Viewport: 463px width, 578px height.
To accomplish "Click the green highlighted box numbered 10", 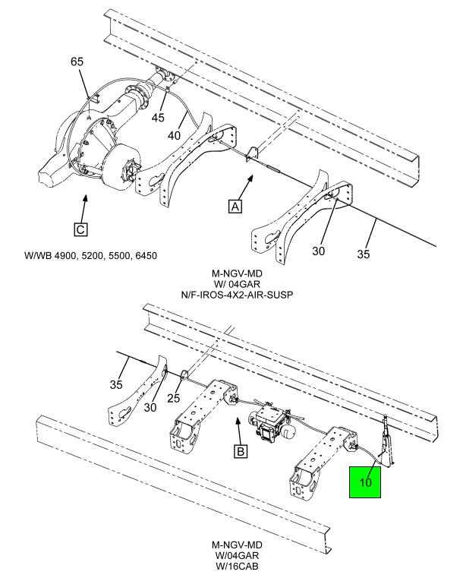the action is [x=364, y=482].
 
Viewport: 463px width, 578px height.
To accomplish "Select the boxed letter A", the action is [x=235, y=206].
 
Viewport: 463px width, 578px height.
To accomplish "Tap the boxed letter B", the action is [x=241, y=451].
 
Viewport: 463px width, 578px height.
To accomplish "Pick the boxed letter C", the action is [x=80, y=229].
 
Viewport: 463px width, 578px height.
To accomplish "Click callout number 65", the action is [x=77, y=62].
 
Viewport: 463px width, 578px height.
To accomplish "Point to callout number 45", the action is [x=159, y=118].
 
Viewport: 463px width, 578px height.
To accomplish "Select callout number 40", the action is [x=175, y=135].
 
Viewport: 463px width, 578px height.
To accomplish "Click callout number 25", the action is [x=174, y=398].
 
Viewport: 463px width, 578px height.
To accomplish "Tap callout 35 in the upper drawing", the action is [x=363, y=254].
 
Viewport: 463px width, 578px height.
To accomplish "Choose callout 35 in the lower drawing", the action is [x=116, y=384].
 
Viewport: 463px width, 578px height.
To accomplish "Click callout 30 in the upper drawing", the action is [x=319, y=251].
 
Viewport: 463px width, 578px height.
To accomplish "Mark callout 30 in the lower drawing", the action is [x=150, y=407].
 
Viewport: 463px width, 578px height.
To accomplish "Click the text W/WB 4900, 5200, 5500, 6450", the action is [x=90, y=255].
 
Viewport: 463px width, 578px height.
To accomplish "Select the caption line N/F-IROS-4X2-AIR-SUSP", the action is [x=237, y=295].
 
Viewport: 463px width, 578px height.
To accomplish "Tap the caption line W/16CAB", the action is [x=237, y=566].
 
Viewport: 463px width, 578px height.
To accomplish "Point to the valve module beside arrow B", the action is [x=271, y=423].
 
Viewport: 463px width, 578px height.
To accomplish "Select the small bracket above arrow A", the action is [x=252, y=154].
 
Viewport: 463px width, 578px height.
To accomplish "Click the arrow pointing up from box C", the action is [x=84, y=209].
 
